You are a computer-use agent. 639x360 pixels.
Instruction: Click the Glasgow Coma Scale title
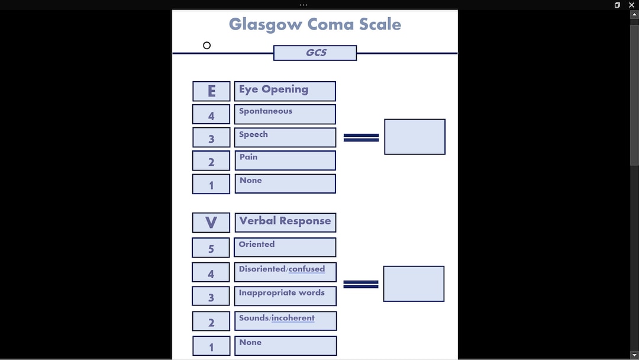[x=315, y=25]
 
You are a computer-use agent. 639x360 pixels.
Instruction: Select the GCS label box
[x=315, y=53]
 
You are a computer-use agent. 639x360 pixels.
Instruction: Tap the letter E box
[x=211, y=91]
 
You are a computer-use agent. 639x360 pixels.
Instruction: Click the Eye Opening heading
[x=285, y=91]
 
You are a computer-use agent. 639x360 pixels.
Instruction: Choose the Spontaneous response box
[x=285, y=114]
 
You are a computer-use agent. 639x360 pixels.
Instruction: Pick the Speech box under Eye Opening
[x=285, y=137]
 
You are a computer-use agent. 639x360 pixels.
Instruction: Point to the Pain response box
[x=285, y=160]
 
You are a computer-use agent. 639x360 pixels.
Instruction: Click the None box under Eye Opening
[x=285, y=184]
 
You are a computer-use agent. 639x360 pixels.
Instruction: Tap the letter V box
[x=211, y=223]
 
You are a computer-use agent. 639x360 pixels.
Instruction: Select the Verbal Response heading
[x=285, y=223]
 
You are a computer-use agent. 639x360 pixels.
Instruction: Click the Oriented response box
[x=285, y=247]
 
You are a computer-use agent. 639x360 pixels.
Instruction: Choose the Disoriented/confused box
[x=285, y=272]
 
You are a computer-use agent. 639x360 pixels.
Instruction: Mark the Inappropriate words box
[x=285, y=296]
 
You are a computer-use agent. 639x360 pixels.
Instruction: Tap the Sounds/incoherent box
[x=285, y=321]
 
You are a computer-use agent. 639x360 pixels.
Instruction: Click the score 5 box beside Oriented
[x=211, y=248]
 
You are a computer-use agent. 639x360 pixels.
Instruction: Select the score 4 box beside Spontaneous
[x=211, y=115]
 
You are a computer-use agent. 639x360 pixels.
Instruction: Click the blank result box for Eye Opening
[x=415, y=137]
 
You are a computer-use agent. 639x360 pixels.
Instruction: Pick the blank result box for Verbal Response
[x=414, y=284]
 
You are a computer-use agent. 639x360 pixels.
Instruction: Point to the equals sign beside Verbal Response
[x=361, y=284]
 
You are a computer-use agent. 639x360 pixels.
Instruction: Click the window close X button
[x=631, y=5]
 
